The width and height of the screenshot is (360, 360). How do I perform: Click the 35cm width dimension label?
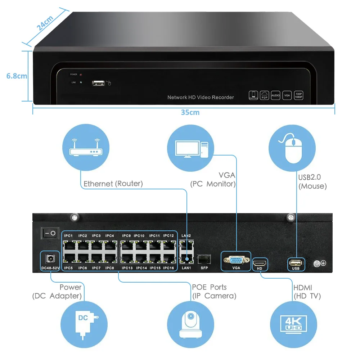[x=190, y=112]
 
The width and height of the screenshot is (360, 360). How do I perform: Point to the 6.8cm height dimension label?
[x=17, y=76]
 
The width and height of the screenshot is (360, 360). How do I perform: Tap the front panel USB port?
[x=98, y=83]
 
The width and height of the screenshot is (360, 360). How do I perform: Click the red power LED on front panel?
[x=81, y=75]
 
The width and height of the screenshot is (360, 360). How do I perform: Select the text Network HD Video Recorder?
[x=201, y=97]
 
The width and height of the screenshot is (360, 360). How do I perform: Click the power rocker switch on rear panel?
[x=50, y=233]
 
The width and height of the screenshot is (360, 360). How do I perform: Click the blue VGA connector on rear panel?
[x=236, y=260]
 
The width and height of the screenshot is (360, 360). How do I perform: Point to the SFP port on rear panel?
[x=204, y=259]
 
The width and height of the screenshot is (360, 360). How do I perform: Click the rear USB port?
[x=296, y=261]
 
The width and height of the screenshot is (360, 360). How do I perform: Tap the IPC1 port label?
[x=68, y=236]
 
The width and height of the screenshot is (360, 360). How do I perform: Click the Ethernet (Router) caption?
[x=113, y=184]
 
